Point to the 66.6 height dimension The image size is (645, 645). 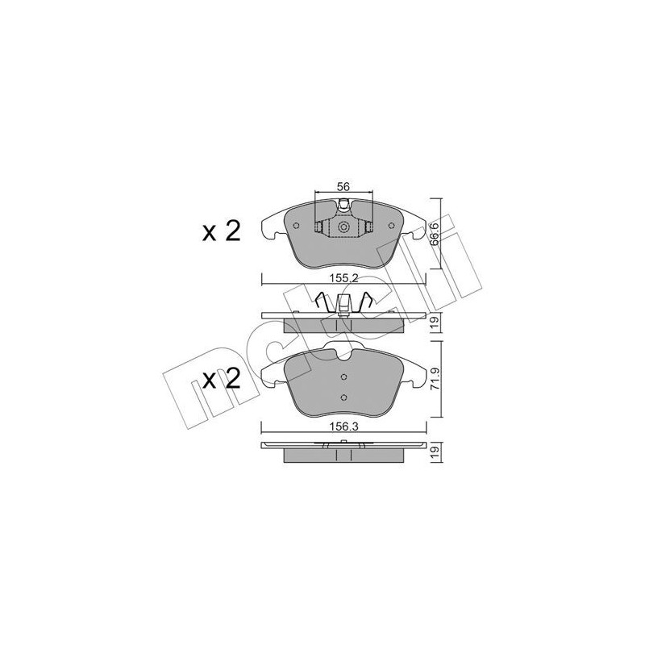click(x=435, y=231)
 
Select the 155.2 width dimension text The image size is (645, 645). click(x=343, y=275)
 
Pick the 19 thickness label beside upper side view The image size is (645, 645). click(x=435, y=322)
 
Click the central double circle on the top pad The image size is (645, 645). click(x=343, y=228)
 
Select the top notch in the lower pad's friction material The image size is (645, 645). click(x=343, y=349)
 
